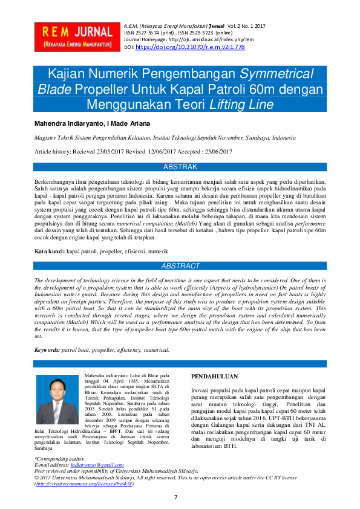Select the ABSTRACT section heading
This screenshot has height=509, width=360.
click(x=180, y=266)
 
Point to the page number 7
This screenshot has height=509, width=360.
click(x=175, y=497)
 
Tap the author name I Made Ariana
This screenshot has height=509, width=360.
click(x=129, y=123)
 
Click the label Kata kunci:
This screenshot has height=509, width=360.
click(x=49, y=250)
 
